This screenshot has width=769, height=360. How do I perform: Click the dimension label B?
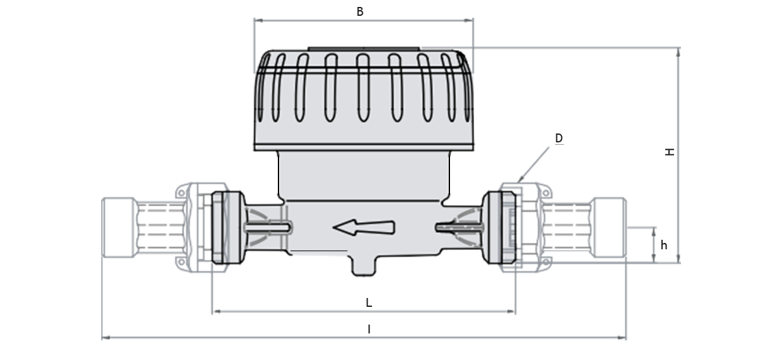[x=359, y=11]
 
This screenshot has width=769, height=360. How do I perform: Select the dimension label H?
[x=670, y=152]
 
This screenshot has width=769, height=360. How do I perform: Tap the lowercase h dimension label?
[x=664, y=245]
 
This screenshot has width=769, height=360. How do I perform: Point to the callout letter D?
[x=559, y=138]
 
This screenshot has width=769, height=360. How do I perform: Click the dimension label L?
[x=369, y=302]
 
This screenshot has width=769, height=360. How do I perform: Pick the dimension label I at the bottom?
[x=369, y=330]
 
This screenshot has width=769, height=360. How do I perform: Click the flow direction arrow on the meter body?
[x=364, y=228]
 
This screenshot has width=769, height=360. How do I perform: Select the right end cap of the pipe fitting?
[x=610, y=227]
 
